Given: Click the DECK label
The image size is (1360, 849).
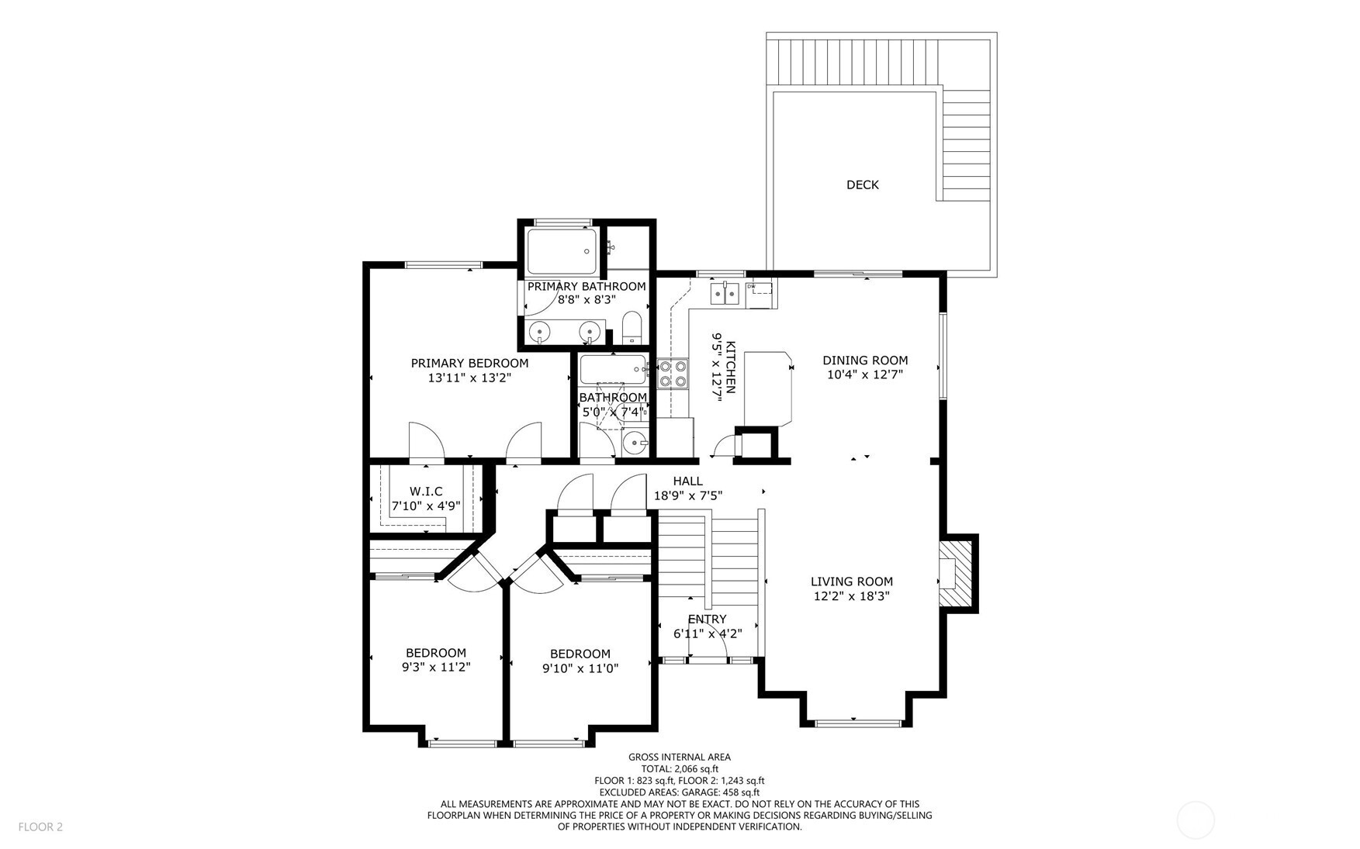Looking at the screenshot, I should click(862, 185).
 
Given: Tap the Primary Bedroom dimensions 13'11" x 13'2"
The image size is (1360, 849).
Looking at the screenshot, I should click(469, 378).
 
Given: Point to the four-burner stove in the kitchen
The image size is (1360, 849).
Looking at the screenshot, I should click(673, 373).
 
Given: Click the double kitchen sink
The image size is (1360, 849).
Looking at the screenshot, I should click(725, 293).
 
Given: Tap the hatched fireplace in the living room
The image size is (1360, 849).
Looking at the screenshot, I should click(957, 574).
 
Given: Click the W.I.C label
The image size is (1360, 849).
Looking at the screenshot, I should click(426, 492).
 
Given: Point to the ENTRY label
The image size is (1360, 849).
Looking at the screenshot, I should click(707, 619).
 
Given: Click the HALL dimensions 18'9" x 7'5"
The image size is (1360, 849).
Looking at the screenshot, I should click(688, 495).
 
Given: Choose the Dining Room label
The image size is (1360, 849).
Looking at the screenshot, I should click(865, 360).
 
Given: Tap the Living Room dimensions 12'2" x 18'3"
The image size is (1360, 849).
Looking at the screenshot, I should click(852, 596).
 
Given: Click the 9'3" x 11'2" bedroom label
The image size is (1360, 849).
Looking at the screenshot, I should click(436, 667).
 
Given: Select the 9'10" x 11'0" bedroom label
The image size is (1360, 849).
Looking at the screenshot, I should click(580, 668).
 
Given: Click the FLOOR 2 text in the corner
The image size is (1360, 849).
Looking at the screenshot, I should click(40, 827).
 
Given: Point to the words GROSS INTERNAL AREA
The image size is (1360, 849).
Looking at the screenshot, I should click(679, 757).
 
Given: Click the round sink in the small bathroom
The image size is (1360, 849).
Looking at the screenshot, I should click(635, 443).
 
